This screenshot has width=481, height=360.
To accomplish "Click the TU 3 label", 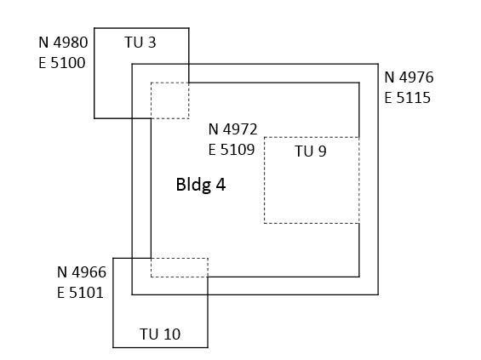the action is click(140, 43).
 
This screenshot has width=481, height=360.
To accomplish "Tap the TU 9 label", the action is click(311, 151).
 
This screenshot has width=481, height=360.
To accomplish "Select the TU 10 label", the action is click(160, 334).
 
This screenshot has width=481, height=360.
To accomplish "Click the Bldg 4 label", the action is click(201, 185).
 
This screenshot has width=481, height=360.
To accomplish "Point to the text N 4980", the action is click(63, 43).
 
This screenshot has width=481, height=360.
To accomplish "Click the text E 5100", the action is click(62, 63).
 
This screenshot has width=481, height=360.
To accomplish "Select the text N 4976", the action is click(409, 77).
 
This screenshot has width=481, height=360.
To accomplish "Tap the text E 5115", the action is click(408, 98).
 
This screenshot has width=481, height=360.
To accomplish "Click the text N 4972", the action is click(232, 129).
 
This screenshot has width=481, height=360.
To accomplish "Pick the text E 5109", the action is click(232, 150).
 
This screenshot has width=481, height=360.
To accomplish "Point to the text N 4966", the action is click(82, 272).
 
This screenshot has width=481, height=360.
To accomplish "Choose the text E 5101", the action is click(80, 293).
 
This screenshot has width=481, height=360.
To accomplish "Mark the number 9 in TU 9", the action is click(322, 151).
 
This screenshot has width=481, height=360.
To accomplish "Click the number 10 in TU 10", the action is click(171, 334).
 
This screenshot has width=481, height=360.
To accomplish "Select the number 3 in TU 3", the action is click(152, 43).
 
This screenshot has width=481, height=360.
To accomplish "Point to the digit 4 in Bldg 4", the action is click(221, 185).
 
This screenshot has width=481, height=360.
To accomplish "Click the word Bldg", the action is click(193, 186).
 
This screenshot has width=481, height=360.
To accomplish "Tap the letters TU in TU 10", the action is click(149, 334).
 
